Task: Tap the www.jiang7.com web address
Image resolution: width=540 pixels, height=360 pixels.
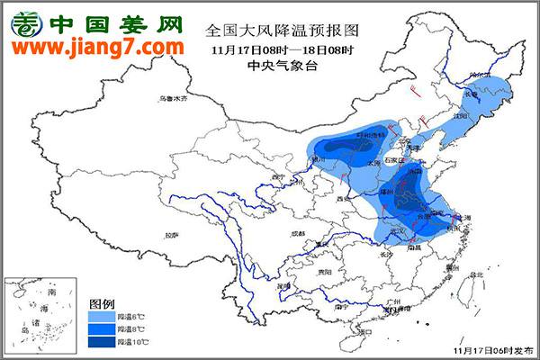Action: click(x=97, y=46)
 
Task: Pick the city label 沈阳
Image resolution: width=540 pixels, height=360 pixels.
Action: click(x=463, y=116)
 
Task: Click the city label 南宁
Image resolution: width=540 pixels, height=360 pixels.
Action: click(x=340, y=306)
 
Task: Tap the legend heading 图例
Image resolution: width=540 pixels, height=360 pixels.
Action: click(x=101, y=303)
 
